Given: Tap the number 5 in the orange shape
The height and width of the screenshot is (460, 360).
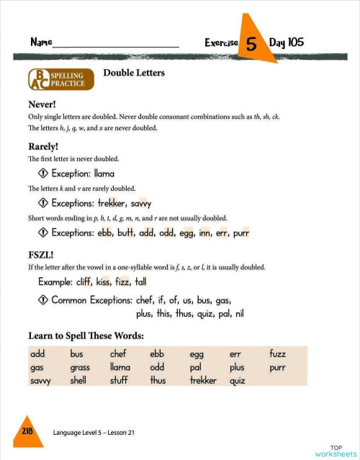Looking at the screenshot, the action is [x=251, y=44].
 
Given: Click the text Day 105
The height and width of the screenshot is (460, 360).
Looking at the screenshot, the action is [x=287, y=42].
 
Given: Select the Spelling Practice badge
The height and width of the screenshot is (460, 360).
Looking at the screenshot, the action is [x=61, y=79].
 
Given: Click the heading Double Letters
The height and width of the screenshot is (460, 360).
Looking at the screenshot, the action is [x=134, y=73].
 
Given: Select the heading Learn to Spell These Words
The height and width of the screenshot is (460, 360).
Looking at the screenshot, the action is [x=86, y=335].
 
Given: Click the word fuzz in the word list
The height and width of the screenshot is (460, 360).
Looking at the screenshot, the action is [x=277, y=354].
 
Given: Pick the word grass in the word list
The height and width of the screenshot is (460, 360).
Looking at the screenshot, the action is [x=80, y=367].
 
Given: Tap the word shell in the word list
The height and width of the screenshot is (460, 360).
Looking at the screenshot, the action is [x=78, y=380].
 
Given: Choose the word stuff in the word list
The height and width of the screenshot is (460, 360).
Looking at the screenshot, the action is [x=119, y=380].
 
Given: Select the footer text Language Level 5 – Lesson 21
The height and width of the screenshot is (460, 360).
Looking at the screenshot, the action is [x=94, y=432].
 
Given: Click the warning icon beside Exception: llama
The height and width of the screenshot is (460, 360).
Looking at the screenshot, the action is [x=42, y=173].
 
